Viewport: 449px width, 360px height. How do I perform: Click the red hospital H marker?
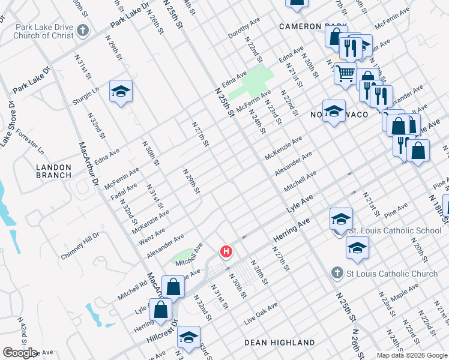pos(226,251)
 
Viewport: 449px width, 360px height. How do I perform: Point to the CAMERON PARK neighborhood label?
pos(313,27)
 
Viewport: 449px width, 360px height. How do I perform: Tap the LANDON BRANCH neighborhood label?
pos(53,171)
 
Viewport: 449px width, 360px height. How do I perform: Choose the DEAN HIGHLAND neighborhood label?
pos(279,342)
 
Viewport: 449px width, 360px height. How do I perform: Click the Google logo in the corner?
pos(19,353)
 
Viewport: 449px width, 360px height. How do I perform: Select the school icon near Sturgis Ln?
pos(121,92)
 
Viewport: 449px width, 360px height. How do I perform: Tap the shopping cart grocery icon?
pos(345,73)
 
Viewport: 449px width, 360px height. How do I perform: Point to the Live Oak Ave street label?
pos(261,314)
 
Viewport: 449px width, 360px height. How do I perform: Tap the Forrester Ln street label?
pos(30,139)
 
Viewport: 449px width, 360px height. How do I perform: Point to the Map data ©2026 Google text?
pos(411,355)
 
